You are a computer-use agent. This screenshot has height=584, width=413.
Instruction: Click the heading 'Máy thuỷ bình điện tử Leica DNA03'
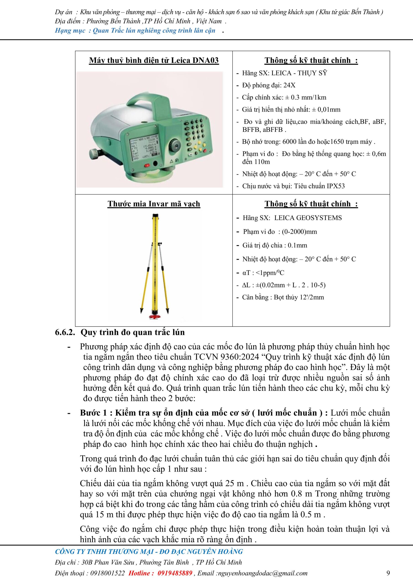click(x=154, y=60)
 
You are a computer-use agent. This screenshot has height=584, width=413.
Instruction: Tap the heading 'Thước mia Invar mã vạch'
click(x=154, y=204)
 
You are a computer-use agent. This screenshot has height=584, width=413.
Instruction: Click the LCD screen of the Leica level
click(x=143, y=148)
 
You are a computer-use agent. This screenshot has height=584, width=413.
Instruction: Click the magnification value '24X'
click(x=289, y=85)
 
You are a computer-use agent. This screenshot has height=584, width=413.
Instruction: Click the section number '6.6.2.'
click(x=65, y=332)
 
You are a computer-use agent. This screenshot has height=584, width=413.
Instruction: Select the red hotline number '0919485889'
click(x=175, y=573)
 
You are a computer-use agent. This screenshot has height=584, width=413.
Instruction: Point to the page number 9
click(x=388, y=573)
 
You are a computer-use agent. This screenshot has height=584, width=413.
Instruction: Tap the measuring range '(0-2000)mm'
click(x=299, y=232)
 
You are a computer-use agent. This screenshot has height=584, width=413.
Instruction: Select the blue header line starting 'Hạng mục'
click(x=135, y=31)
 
